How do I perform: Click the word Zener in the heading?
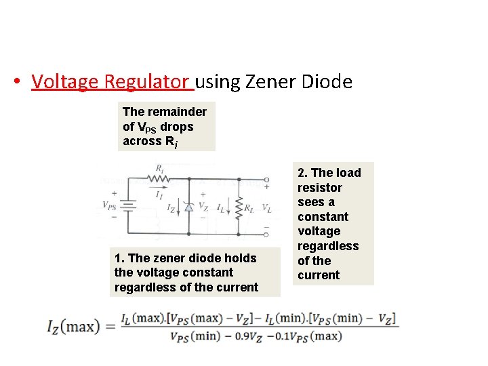click(x=271, y=82)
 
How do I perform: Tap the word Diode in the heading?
click(x=327, y=82)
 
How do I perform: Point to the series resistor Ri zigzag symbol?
click(x=159, y=180)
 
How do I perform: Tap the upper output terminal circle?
click(x=266, y=180)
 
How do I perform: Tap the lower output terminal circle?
click(x=266, y=234)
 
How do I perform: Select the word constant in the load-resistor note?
click(x=323, y=217)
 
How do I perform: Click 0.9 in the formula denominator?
click(x=249, y=336)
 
